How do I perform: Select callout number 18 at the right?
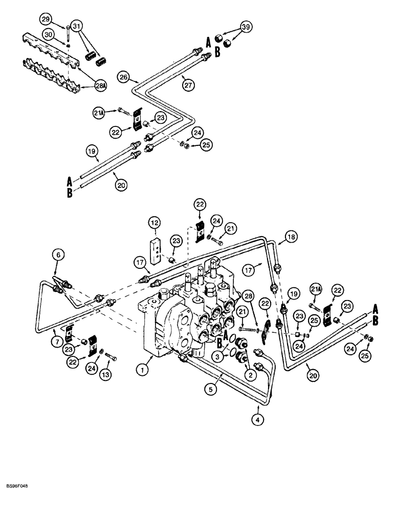point(290,237)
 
